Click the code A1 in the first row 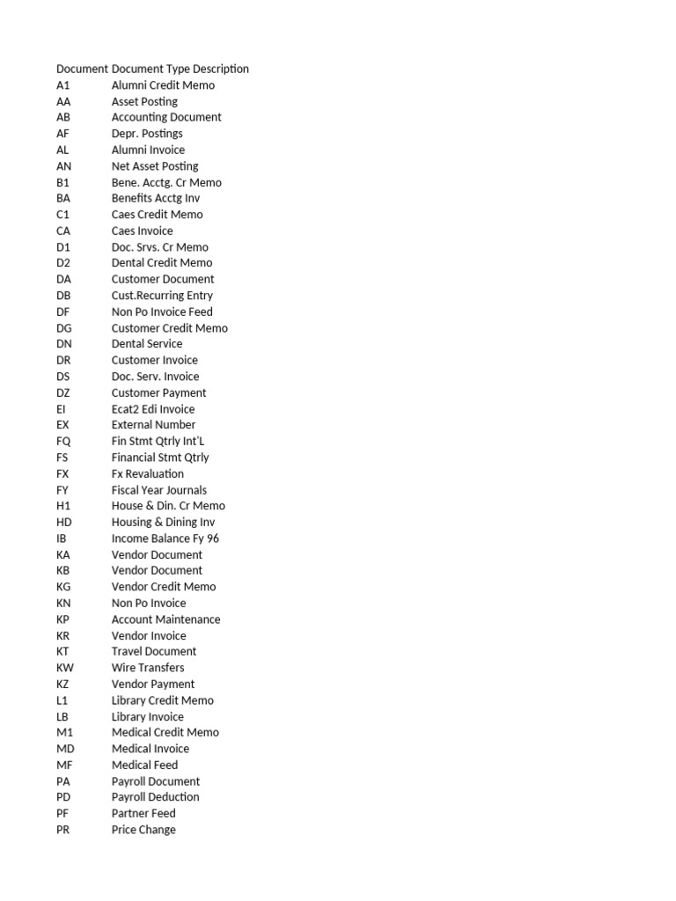[62, 85]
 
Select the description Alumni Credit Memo [163, 85]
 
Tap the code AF [62, 134]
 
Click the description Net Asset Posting [155, 166]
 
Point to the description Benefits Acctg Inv [156, 199]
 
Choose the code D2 [62, 263]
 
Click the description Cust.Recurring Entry [162, 296]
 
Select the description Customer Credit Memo [169, 328]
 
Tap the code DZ [63, 392]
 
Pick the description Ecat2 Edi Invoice [153, 409]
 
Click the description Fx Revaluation [148, 473]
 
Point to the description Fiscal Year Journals [159, 490]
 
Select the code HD [63, 522]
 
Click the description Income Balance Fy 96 [165, 538]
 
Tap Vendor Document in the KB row [157, 570]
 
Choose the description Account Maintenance [166, 619]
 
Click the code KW [65, 668]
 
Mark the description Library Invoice [148, 717]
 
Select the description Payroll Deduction [156, 797]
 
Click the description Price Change [143, 830]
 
